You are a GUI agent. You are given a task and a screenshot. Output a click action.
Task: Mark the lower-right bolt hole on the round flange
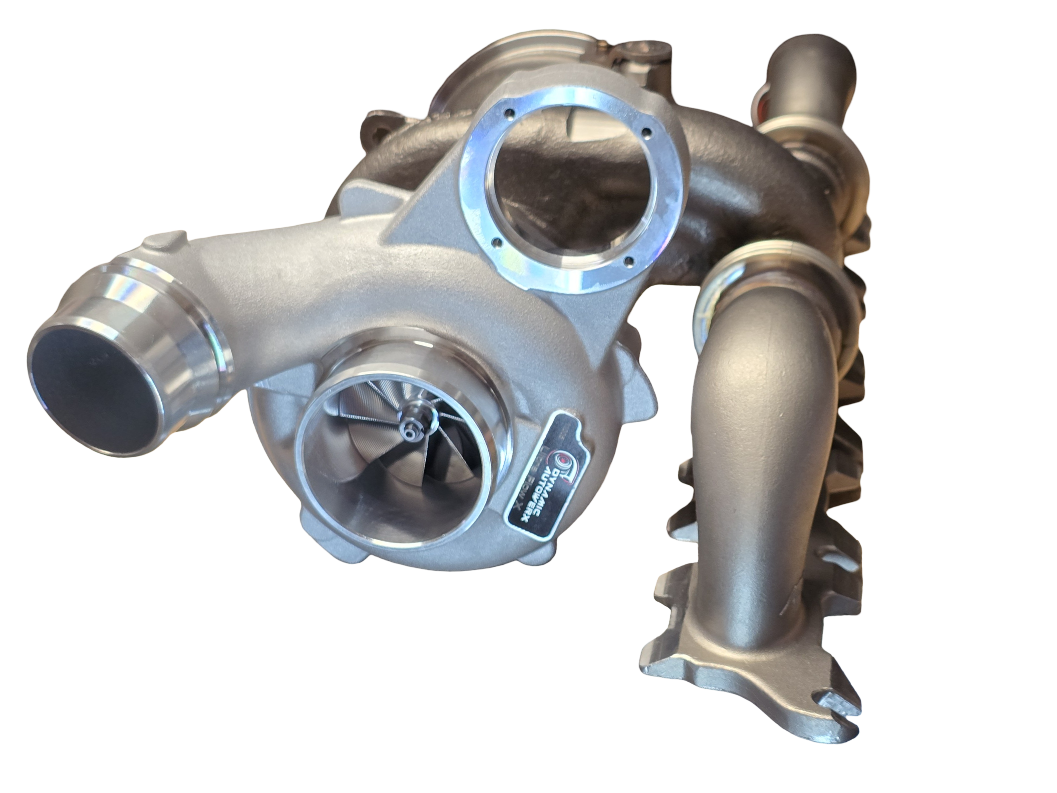point(630,261)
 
